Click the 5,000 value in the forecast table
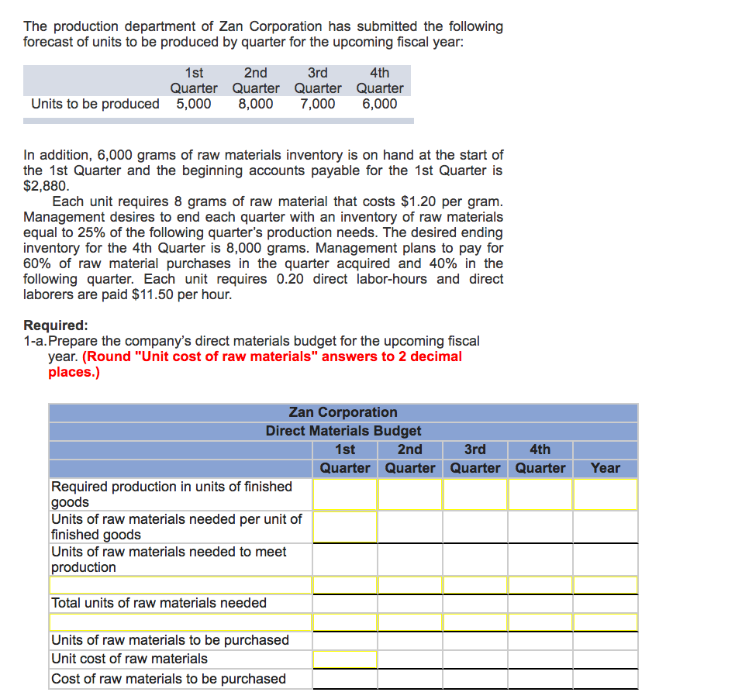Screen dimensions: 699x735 pos(193,104)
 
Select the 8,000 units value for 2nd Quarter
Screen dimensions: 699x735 pos(255,104)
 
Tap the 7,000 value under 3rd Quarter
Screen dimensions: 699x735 pos(318,104)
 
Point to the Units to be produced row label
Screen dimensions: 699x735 pos(95,104)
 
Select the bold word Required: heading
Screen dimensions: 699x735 pos(56,325)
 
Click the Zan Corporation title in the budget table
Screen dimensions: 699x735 pos(343,412)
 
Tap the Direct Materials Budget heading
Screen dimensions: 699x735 pos(343,431)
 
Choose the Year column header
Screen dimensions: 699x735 pos(605,467)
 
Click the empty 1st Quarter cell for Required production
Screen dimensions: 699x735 pos(345,494)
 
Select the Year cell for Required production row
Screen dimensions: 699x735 pos(605,494)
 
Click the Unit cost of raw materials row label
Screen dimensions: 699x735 pos(129,659)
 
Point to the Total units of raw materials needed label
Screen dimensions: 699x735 pos(159,603)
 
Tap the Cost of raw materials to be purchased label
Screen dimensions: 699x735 pos(168,679)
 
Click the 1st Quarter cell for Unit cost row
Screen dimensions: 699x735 pos(345,659)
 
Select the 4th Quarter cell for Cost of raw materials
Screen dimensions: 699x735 pos(540,679)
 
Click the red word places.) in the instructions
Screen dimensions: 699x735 pos(74,372)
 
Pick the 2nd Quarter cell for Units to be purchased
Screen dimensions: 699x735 pos(410,640)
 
